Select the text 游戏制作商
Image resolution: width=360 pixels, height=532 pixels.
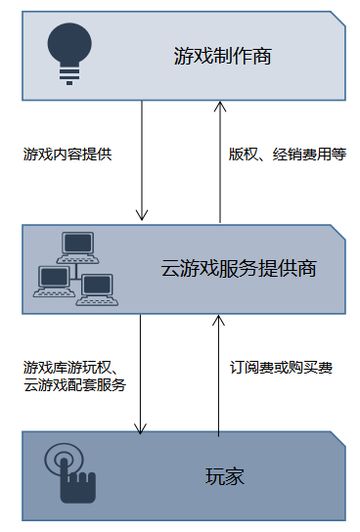[x=221, y=57]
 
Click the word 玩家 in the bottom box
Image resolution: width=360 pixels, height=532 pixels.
[x=224, y=477]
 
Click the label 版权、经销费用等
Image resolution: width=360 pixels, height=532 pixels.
[x=288, y=155]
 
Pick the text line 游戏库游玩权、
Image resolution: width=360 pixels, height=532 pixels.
[x=70, y=368]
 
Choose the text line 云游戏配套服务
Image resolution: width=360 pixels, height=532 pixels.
[x=74, y=385]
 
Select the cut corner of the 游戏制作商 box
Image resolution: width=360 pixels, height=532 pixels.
[x=337, y=19]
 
